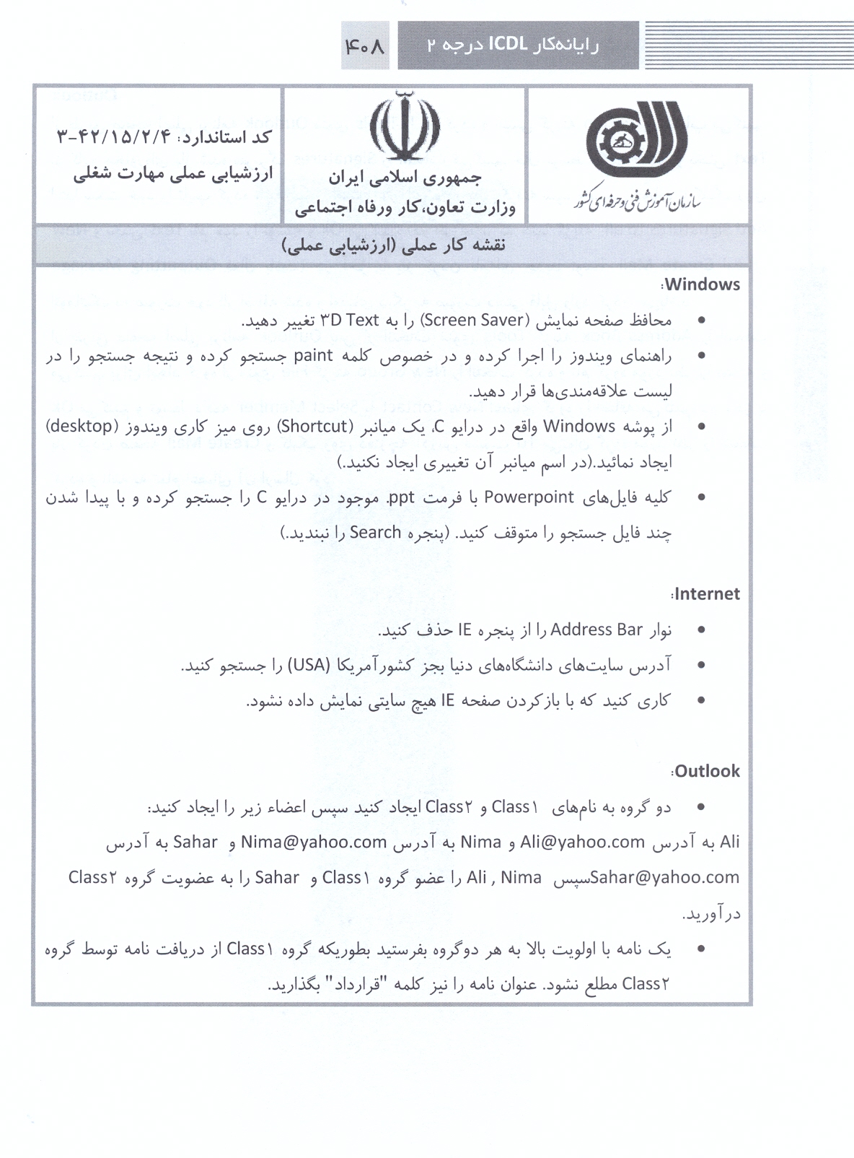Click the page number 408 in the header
tap(365, 46)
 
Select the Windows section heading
tap(702, 284)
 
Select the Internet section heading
tap(707, 594)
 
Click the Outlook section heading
tap(707, 771)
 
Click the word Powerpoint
tap(529, 497)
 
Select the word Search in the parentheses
tap(375, 533)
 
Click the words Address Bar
tap(596, 630)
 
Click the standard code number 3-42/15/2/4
tap(113, 137)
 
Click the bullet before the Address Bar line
tap(701, 630)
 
